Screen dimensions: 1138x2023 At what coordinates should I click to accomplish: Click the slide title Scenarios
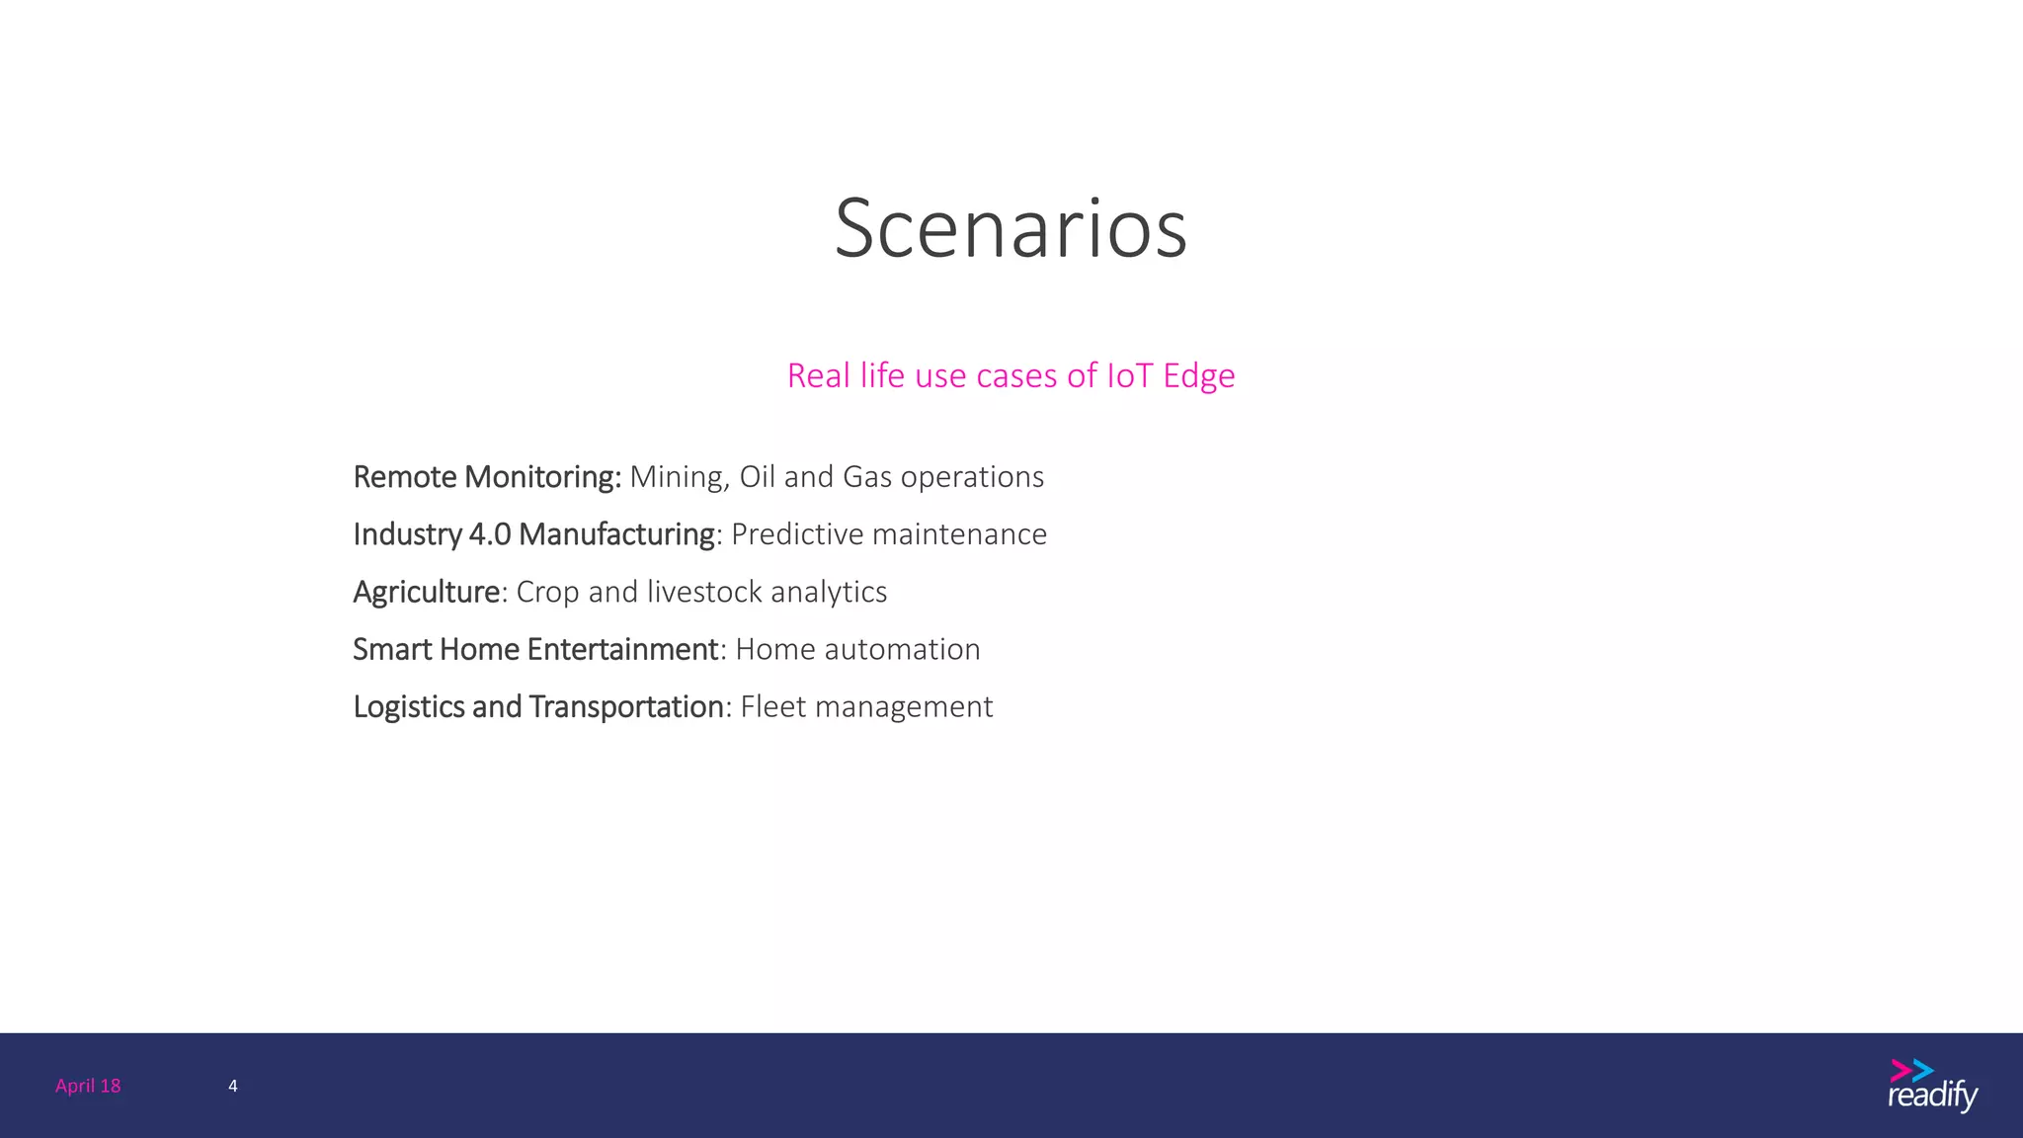click(x=1011, y=228)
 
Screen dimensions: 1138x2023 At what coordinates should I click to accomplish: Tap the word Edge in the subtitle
click(x=1198, y=376)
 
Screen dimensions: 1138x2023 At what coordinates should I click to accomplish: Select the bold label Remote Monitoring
click(x=486, y=477)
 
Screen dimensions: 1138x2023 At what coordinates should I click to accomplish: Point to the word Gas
click(x=867, y=477)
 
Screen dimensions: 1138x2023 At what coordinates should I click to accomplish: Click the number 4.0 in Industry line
click(x=489, y=534)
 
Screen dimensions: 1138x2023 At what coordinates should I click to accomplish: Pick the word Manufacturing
click(x=616, y=534)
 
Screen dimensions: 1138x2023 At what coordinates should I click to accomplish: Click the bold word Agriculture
click(x=427, y=593)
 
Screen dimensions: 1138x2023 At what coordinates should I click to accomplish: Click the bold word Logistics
click(x=408, y=707)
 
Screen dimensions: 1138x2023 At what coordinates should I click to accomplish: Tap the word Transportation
click(x=626, y=707)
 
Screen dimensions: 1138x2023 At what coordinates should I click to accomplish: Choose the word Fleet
click(x=772, y=707)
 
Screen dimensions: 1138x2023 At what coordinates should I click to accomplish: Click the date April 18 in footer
click(x=88, y=1086)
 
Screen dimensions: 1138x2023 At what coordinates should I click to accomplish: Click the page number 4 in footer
click(x=233, y=1086)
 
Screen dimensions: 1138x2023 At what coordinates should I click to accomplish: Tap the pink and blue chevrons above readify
click(x=1911, y=1070)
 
